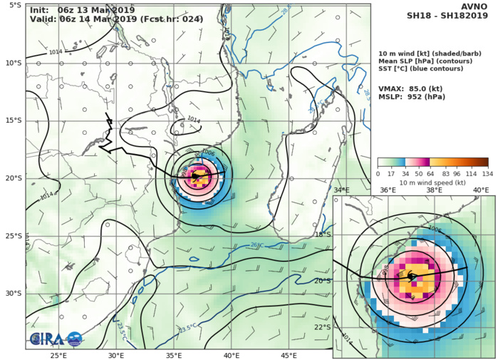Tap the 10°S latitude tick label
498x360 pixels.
click(14, 63)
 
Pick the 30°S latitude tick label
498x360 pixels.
click(14, 293)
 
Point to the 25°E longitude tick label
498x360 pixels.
click(58, 354)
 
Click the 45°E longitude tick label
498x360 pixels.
click(289, 354)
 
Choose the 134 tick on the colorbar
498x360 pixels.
click(488, 173)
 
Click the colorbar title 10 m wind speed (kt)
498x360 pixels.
click(432, 183)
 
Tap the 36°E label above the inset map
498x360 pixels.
click(388, 190)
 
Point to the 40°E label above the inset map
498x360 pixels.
click(480, 190)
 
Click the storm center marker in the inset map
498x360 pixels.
click(412, 277)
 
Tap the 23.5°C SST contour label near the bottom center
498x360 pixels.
click(187, 329)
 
